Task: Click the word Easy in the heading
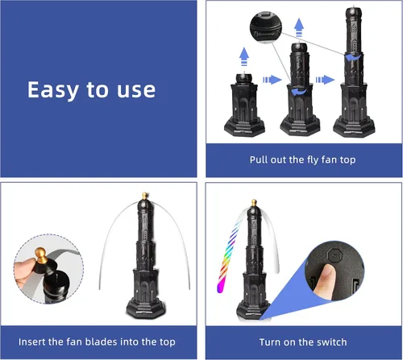click(53, 90)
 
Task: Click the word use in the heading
click(136, 90)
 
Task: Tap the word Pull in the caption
click(259, 159)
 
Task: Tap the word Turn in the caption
click(270, 342)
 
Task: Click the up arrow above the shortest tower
click(244, 56)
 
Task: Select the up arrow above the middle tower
click(299, 27)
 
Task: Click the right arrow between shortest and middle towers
click(272, 80)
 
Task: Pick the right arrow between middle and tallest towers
click(325, 80)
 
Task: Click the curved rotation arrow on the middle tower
click(299, 92)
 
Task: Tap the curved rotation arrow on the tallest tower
click(352, 57)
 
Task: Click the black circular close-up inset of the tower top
click(266, 27)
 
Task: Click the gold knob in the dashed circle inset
click(41, 254)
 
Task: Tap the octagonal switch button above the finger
click(334, 254)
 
